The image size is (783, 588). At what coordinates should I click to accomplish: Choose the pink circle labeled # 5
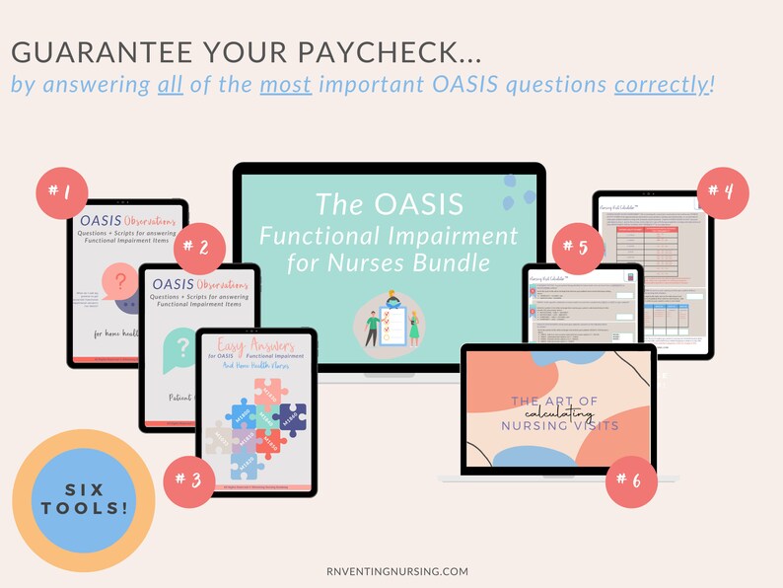click(x=577, y=249)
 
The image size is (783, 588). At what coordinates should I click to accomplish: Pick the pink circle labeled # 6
click(x=631, y=480)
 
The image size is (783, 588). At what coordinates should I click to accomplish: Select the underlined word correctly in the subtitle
click(x=661, y=84)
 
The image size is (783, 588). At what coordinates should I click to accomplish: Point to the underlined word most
click(x=286, y=84)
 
